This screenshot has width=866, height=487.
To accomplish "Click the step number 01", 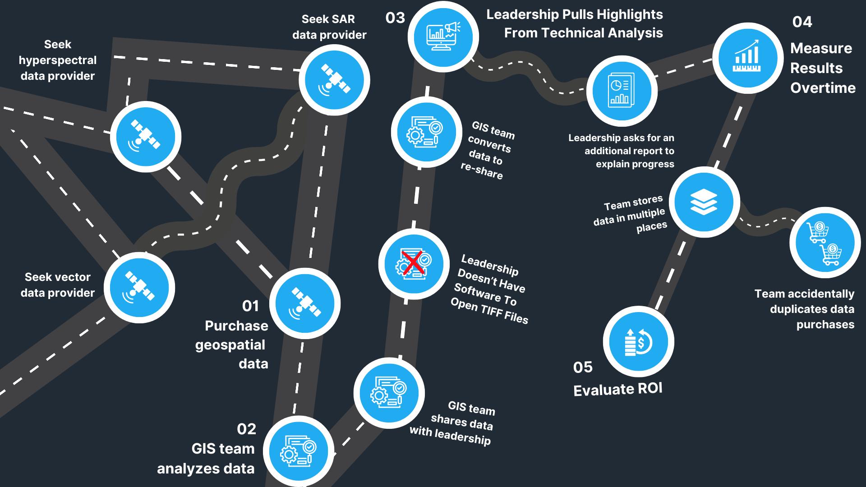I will (x=250, y=306).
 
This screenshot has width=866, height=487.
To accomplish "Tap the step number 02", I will (x=246, y=429).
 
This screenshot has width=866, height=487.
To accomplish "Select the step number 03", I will (x=395, y=18).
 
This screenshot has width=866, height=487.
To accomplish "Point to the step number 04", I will (x=802, y=22).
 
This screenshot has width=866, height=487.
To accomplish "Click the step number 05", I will (x=583, y=367).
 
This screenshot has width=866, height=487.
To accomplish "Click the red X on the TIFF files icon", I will (x=412, y=263).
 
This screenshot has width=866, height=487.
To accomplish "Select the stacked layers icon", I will (x=704, y=202).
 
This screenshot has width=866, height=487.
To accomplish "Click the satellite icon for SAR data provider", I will (x=334, y=80).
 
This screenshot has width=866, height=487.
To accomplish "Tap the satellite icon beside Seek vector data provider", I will (x=139, y=287).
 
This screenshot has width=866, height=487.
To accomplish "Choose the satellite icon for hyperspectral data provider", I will (x=145, y=136).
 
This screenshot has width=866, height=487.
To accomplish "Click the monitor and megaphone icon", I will (x=443, y=36).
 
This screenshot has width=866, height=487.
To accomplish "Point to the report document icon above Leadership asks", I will (x=622, y=90).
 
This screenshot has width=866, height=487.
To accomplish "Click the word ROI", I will (x=650, y=388).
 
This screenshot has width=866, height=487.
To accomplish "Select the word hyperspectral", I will (x=58, y=60).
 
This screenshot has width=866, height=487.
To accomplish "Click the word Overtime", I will (x=823, y=88).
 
